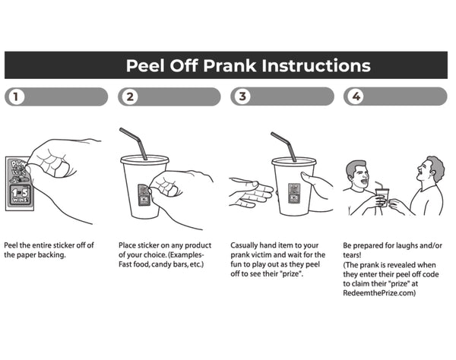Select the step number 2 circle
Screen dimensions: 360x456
(129, 96)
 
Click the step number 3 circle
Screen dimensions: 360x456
(242, 96)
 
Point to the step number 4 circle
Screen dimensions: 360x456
(355, 96)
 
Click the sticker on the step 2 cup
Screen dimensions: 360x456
(144, 194)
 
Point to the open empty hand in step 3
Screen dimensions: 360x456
(249, 193)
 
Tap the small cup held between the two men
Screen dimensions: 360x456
(382, 197)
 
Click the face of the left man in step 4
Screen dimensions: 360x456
(360, 177)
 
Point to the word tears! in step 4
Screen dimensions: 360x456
(354, 256)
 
